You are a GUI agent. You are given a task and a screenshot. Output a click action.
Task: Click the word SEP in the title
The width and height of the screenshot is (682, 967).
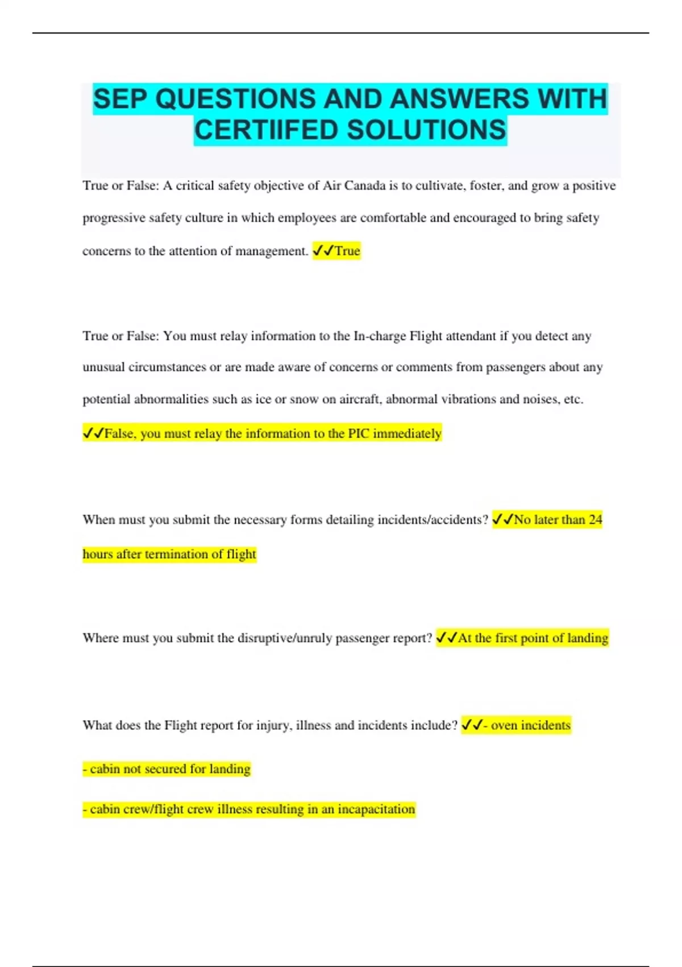[120, 99]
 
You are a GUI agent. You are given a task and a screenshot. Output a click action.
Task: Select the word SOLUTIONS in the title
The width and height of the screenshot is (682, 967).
[426, 130]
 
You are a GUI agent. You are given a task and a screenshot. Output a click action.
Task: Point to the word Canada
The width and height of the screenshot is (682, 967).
[365, 186]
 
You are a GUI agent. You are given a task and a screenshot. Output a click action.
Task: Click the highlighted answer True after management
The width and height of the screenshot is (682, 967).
[347, 251]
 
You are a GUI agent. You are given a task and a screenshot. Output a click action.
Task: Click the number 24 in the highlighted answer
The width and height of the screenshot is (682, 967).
[595, 520]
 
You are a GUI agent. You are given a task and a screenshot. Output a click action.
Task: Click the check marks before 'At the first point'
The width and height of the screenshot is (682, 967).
[446, 638]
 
